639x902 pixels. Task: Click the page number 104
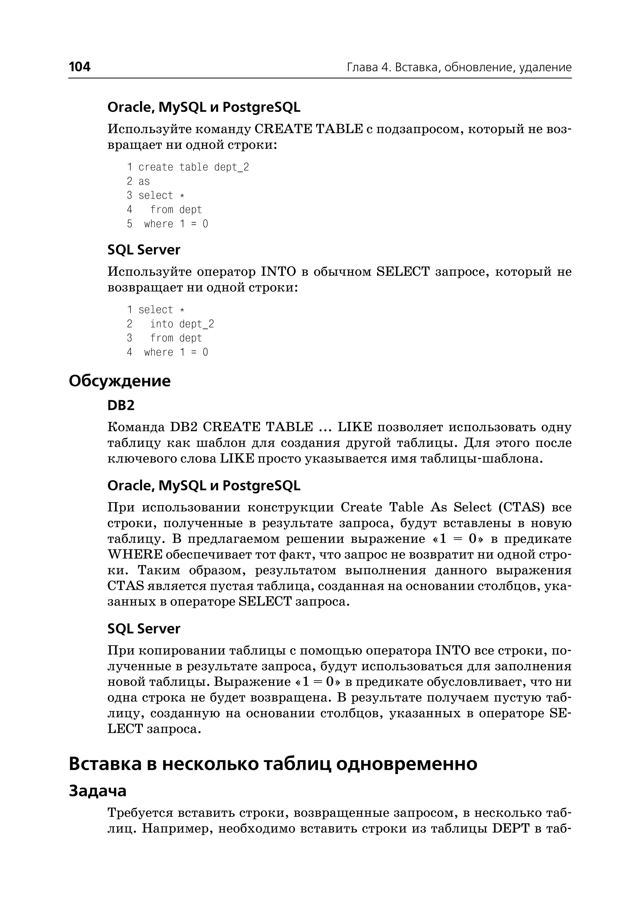80,67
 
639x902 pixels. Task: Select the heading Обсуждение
120,381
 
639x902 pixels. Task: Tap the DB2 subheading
121,405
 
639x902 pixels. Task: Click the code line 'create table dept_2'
193,167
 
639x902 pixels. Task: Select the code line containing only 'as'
144,181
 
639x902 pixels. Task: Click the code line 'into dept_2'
182,324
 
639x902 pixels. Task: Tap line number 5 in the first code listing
129,224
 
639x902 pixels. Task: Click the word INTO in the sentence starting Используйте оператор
278,272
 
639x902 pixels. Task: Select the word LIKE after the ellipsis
354,427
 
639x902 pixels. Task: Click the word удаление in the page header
545,68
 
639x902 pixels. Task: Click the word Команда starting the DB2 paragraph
136,427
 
